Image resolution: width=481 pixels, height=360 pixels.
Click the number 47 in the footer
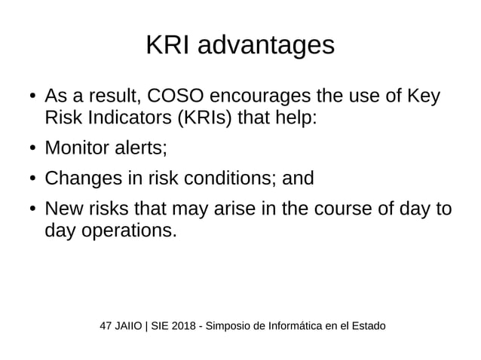106,326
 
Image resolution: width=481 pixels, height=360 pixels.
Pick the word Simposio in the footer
230,326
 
